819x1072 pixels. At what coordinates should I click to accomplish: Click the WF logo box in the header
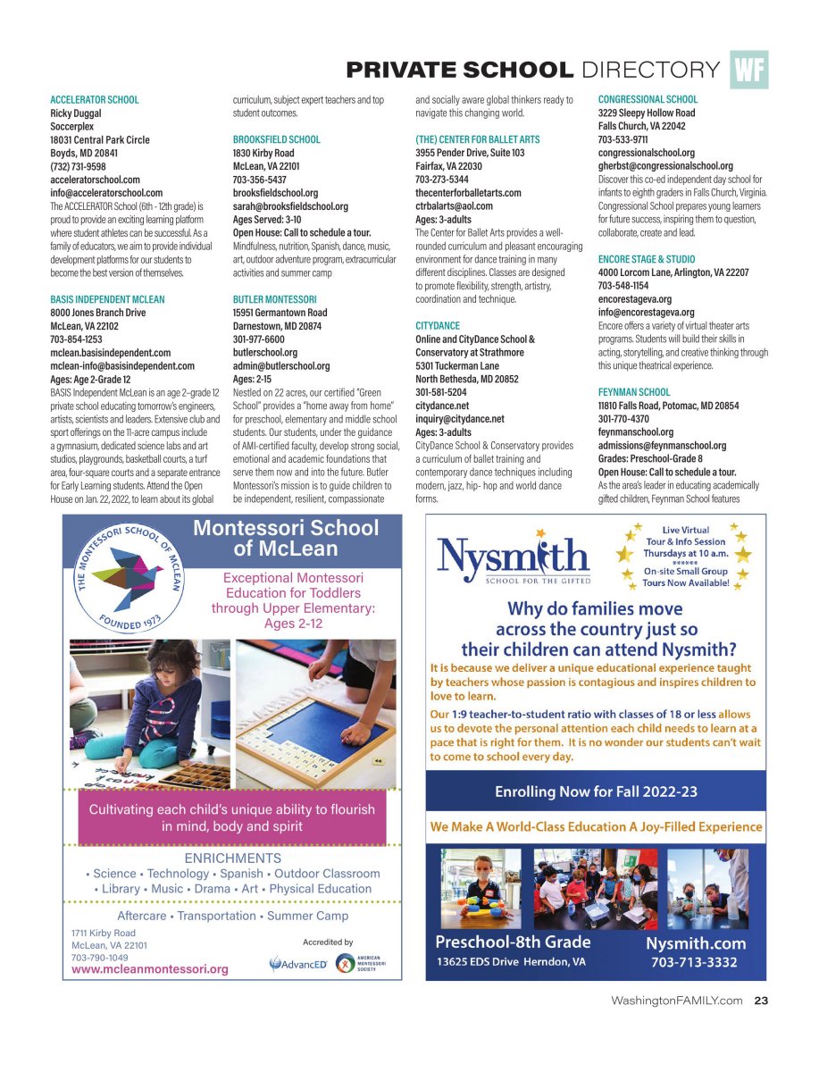[x=748, y=70]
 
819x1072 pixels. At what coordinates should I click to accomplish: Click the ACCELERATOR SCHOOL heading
[x=95, y=100]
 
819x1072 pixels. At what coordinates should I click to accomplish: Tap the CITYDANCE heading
[x=438, y=326]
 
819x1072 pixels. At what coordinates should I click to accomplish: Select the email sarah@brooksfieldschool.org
[x=290, y=206]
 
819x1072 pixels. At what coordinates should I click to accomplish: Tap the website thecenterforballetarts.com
[x=468, y=193]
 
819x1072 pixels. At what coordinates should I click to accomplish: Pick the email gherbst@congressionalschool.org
[x=664, y=166]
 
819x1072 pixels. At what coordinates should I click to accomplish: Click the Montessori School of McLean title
[x=286, y=538]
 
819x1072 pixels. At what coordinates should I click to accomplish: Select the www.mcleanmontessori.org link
[x=150, y=968]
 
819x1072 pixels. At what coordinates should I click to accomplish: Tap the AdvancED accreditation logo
[x=298, y=964]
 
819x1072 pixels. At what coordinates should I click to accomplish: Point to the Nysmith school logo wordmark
[x=513, y=561]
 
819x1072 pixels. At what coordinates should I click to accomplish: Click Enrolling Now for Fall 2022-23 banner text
[x=596, y=791]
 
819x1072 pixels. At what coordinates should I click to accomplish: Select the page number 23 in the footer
[x=760, y=1001]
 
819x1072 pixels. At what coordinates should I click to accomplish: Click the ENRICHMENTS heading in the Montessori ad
[x=232, y=858]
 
